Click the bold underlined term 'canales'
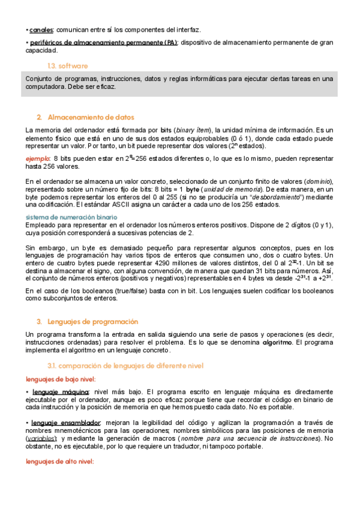[41, 29]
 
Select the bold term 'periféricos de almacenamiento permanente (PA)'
[103, 43]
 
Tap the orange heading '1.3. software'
[67, 65]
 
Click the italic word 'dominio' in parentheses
[317, 181]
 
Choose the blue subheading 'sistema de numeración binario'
[71, 217]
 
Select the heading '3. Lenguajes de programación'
[92, 322]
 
